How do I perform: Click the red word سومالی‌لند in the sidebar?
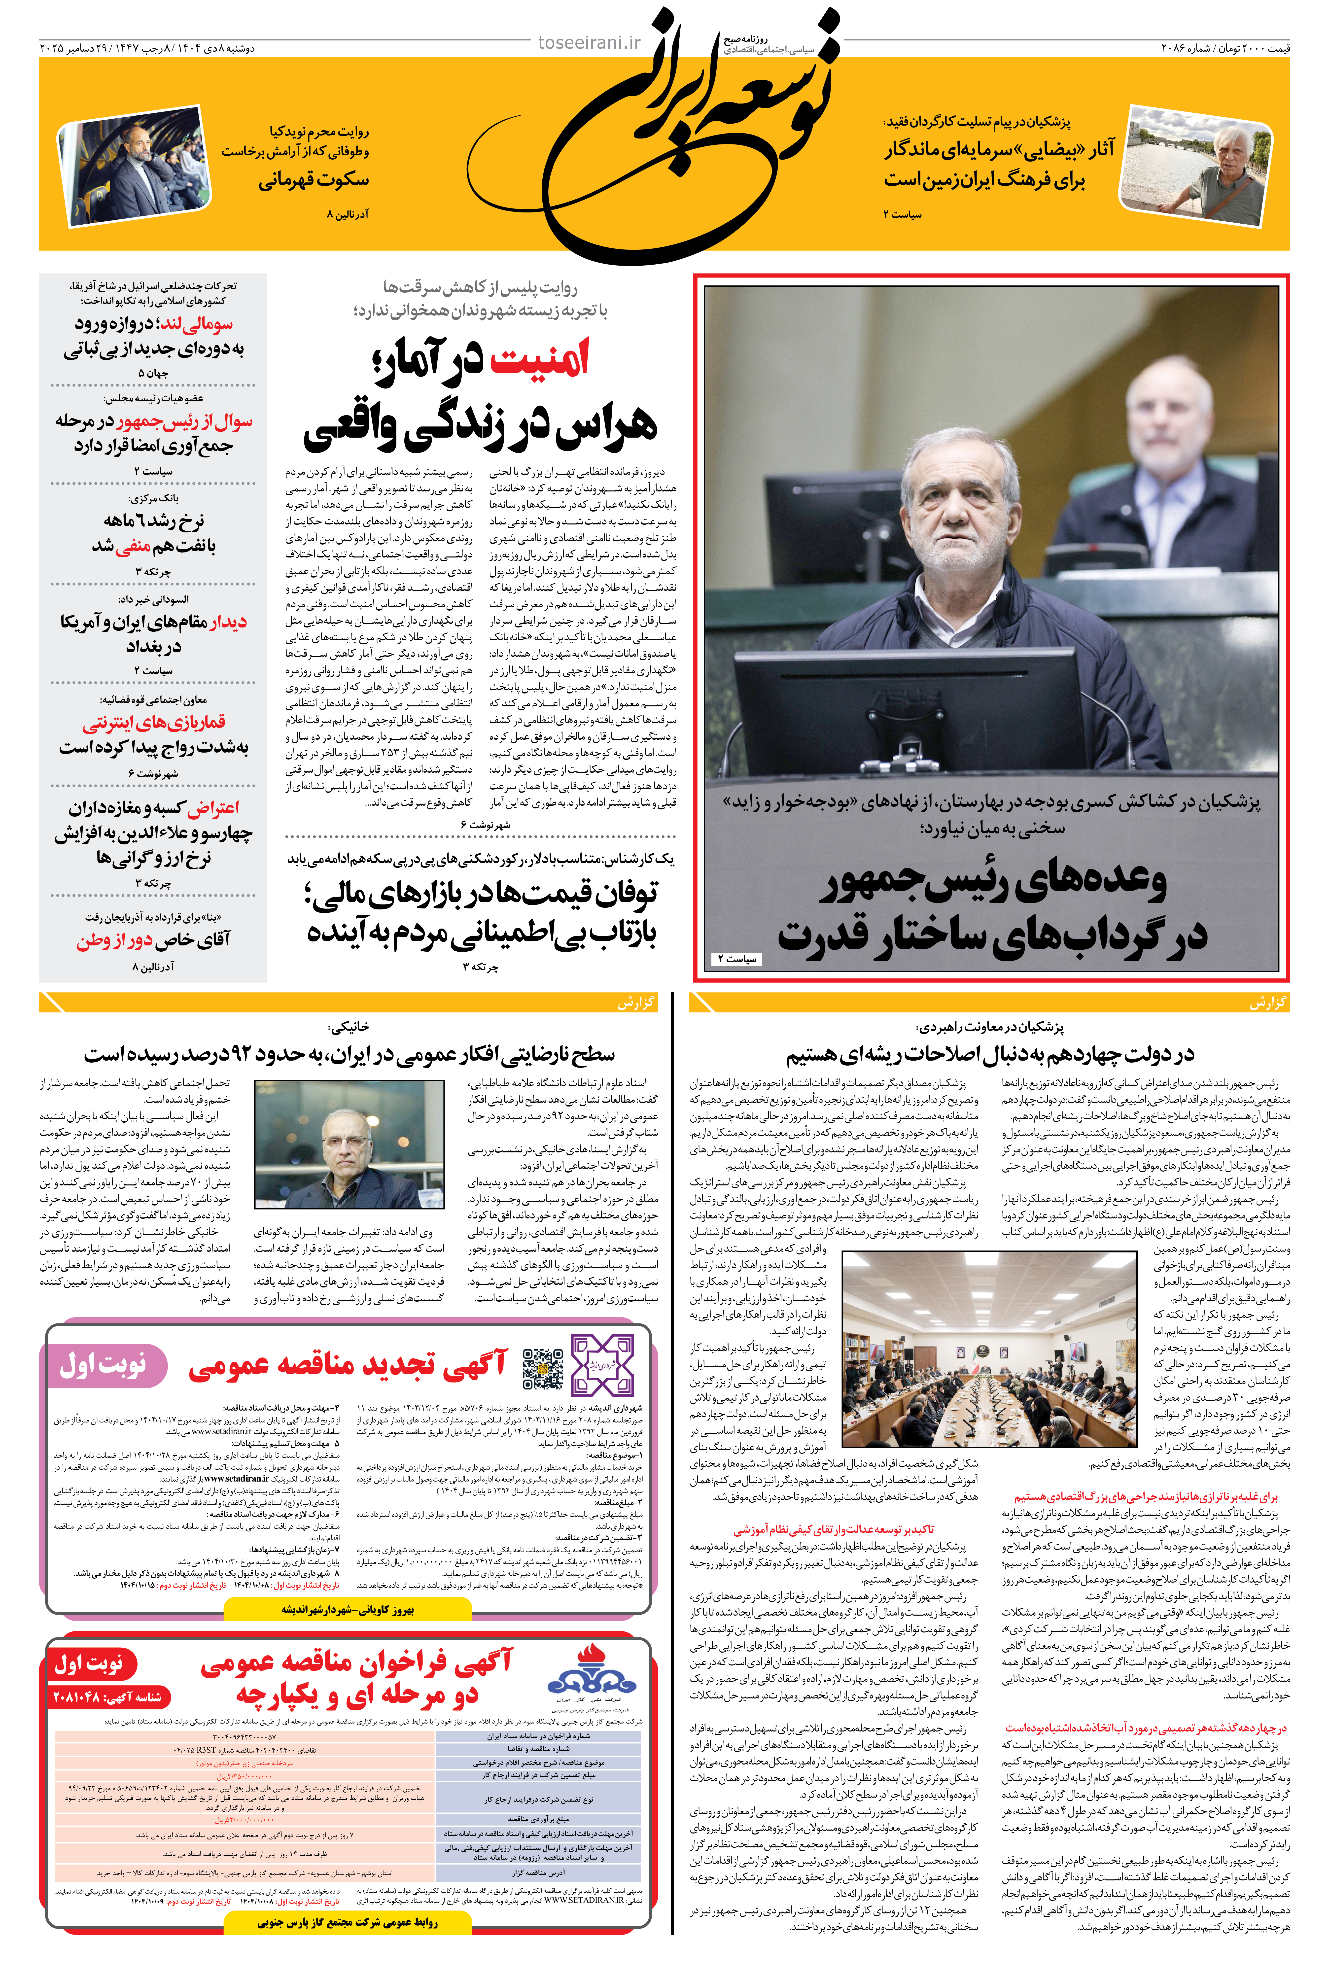point(197,324)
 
